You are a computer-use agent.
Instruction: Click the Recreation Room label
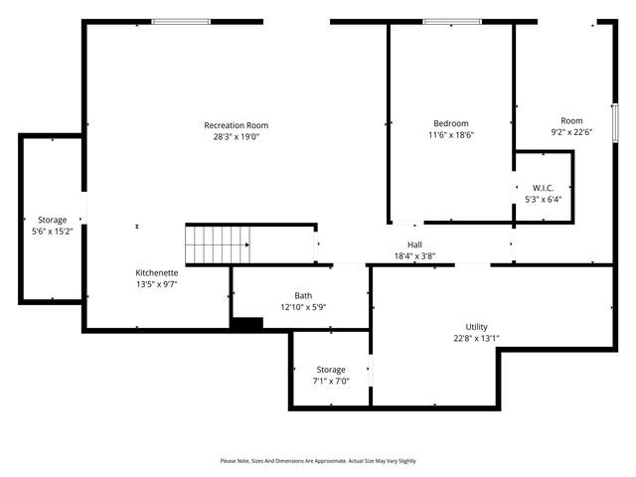[237, 125]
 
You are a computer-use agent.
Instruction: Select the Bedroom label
[451, 124]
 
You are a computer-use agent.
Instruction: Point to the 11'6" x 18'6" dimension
[451, 135]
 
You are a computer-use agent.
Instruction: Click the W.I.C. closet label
[543, 188]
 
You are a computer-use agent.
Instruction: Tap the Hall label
[414, 244]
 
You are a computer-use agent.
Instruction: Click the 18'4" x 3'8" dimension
[414, 255]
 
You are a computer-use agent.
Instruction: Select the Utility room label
[477, 327]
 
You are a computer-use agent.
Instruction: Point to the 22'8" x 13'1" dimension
[477, 338]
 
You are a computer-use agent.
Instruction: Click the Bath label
[303, 295]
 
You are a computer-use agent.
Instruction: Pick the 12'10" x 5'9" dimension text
[303, 306]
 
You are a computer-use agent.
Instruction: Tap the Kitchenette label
[157, 272]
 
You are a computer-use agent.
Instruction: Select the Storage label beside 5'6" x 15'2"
[53, 220]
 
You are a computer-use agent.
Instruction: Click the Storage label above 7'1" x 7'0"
[331, 370]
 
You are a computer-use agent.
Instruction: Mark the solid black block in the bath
[246, 323]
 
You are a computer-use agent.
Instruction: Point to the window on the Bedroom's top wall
[452, 21]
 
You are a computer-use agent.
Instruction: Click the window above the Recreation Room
[181, 21]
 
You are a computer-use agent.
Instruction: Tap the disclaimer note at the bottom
[318, 461]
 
